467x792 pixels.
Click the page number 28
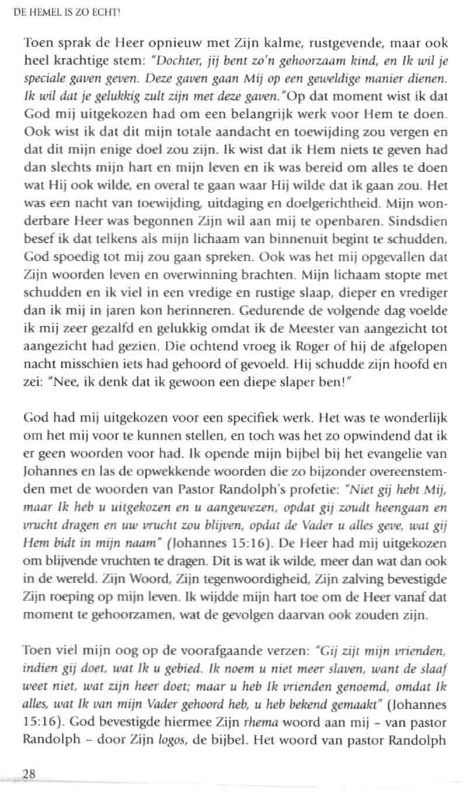pos(29,774)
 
